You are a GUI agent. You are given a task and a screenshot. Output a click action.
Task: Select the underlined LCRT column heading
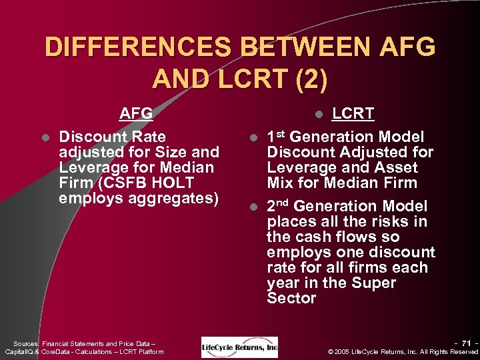353,113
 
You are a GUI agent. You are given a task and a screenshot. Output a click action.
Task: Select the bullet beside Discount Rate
44,137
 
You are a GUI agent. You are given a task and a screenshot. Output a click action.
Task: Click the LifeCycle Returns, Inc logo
239,347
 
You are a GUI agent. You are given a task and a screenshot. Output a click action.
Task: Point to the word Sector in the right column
291,298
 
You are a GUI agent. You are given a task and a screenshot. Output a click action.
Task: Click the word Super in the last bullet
374,283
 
